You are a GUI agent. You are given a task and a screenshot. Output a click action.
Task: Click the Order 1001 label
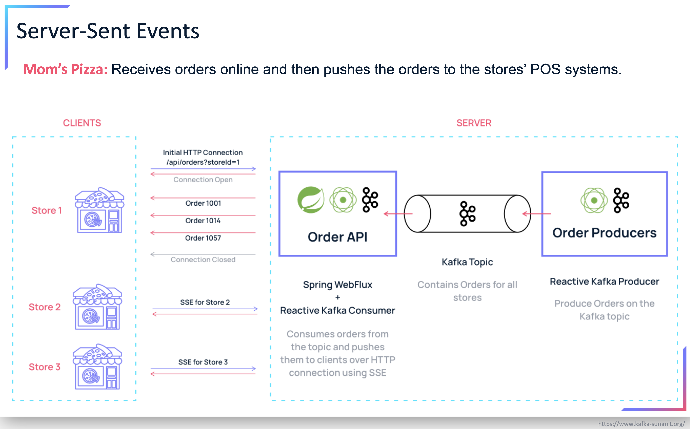[x=203, y=203]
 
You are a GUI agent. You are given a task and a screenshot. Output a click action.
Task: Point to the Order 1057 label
[x=203, y=238]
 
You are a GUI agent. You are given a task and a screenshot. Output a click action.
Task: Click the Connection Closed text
[x=203, y=260]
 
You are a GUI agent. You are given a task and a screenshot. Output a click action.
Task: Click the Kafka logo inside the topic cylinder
[x=467, y=214]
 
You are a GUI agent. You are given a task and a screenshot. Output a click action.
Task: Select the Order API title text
[x=337, y=237]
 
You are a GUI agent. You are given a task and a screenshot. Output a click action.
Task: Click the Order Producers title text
[x=604, y=233]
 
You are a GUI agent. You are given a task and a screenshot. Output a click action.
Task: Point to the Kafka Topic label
[x=467, y=262]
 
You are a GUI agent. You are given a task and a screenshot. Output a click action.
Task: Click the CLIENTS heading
[x=82, y=123]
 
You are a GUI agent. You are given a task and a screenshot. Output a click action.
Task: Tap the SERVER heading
[x=473, y=123]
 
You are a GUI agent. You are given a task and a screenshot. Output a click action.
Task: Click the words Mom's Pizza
[x=65, y=69]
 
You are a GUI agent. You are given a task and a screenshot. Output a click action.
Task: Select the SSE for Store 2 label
[x=205, y=302]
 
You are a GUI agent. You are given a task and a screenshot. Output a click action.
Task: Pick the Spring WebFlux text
[x=337, y=285]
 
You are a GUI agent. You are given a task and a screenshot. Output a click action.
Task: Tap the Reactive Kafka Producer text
[x=604, y=281]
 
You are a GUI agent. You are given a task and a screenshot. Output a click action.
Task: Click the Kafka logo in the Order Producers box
[x=621, y=200]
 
